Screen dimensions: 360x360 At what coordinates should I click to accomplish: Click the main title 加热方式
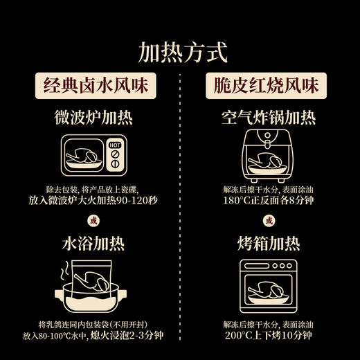tap(179, 51)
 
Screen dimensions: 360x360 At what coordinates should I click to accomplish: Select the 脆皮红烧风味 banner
tap(267, 87)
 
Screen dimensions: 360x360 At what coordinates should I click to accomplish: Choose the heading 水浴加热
tap(93, 245)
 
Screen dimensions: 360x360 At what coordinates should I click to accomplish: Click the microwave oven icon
tap(93, 156)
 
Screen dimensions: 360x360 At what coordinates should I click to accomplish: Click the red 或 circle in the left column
tap(93, 221)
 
